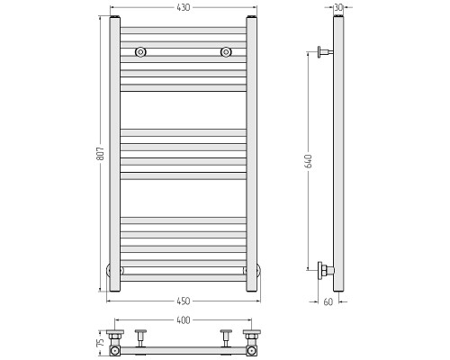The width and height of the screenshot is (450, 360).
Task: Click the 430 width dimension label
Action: point(184,7)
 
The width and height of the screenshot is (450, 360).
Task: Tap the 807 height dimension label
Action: point(101,154)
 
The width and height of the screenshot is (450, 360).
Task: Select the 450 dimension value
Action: point(184,301)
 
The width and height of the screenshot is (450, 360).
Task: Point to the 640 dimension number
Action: point(309,161)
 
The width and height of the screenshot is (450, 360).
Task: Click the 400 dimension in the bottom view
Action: point(184,320)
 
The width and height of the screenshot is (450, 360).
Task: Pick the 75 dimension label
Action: point(101,342)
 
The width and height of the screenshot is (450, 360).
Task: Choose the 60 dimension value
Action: point(328,301)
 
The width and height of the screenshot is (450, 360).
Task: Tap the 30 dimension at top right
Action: point(338,7)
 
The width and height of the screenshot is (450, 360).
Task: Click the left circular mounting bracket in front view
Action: point(140,52)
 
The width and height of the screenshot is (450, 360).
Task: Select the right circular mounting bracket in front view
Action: point(226,52)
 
